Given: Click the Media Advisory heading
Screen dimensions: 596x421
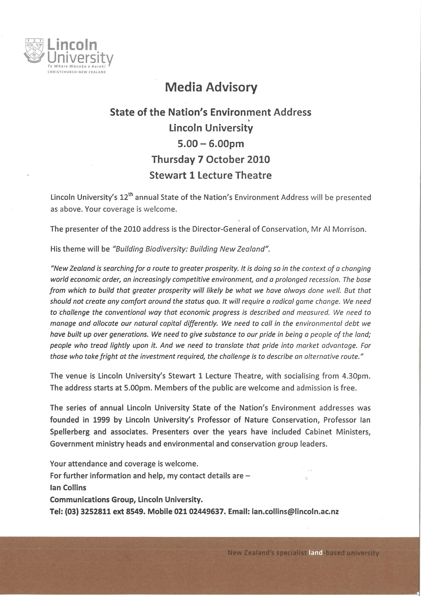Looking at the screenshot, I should [211, 87].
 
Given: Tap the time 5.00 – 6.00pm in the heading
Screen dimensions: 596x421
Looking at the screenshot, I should [211, 144].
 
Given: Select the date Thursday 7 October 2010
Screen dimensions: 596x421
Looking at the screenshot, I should [211, 159].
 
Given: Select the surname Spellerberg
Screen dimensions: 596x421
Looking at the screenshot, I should [69, 432].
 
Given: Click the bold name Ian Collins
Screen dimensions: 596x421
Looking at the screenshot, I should [68, 487].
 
